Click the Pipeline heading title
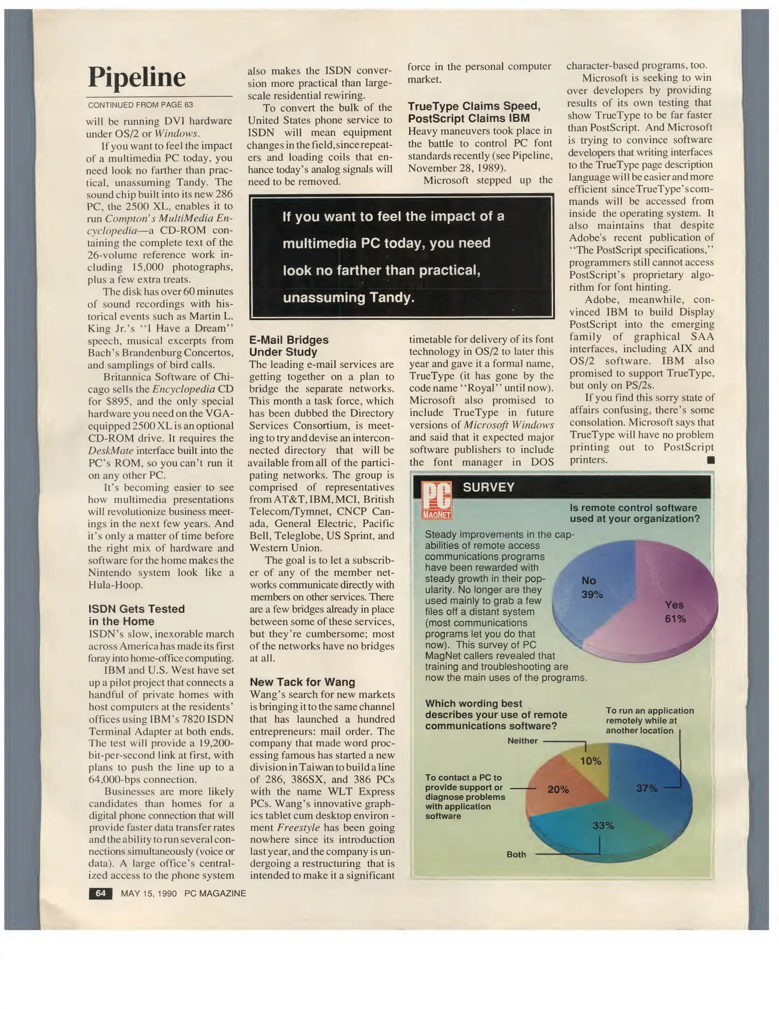click(x=136, y=77)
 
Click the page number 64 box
click(x=100, y=893)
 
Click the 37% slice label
click(x=646, y=789)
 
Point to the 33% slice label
click(x=603, y=825)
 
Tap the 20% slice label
click(x=558, y=789)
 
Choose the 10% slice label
click(x=590, y=761)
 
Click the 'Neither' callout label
click(x=522, y=740)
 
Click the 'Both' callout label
click(x=516, y=854)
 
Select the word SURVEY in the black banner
click(x=488, y=487)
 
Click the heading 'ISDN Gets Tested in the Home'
click(x=136, y=615)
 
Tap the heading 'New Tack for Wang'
click(x=302, y=682)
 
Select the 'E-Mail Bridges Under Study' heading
click(x=288, y=346)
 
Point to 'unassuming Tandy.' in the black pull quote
click(x=349, y=298)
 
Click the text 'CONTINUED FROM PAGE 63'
click(x=140, y=105)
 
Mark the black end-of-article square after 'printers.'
click(x=711, y=460)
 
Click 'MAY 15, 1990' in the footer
click(x=148, y=894)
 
